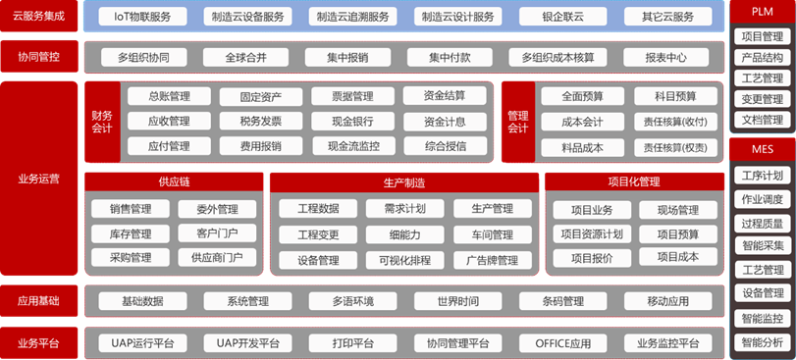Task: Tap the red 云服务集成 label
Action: click(x=39, y=17)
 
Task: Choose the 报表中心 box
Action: click(x=665, y=57)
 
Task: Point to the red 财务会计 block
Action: click(x=102, y=122)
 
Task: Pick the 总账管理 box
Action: click(x=169, y=96)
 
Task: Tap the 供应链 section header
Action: click(x=174, y=181)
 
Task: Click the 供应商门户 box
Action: click(x=216, y=257)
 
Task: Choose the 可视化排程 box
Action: click(x=398, y=260)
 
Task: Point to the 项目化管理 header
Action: click(x=633, y=181)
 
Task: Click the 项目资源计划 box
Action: click(x=590, y=233)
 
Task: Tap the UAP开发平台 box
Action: click(x=247, y=343)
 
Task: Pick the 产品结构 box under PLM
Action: click(x=762, y=57)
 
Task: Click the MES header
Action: click(x=762, y=149)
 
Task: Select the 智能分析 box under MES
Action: click(x=762, y=342)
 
